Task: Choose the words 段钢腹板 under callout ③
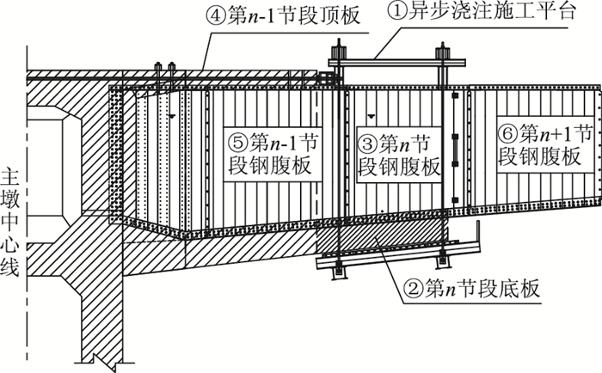tap(398, 164)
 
